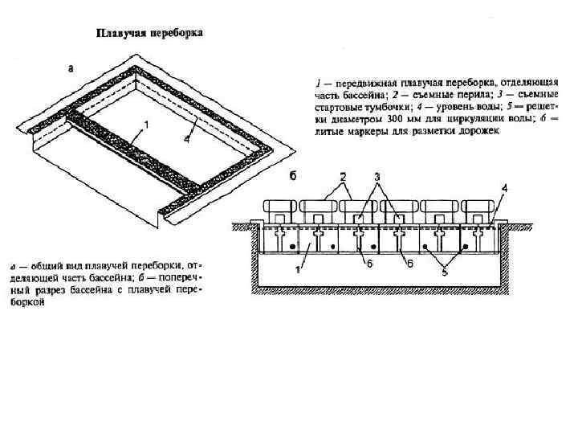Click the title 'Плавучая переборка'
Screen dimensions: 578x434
click(150, 33)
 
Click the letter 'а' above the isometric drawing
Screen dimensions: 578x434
click(71, 69)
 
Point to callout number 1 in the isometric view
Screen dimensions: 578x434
click(146, 125)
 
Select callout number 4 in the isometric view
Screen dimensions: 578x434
click(186, 140)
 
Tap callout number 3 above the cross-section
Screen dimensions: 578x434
click(376, 176)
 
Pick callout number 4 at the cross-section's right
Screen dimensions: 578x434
click(504, 188)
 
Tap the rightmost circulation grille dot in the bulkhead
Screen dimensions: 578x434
click(463, 244)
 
